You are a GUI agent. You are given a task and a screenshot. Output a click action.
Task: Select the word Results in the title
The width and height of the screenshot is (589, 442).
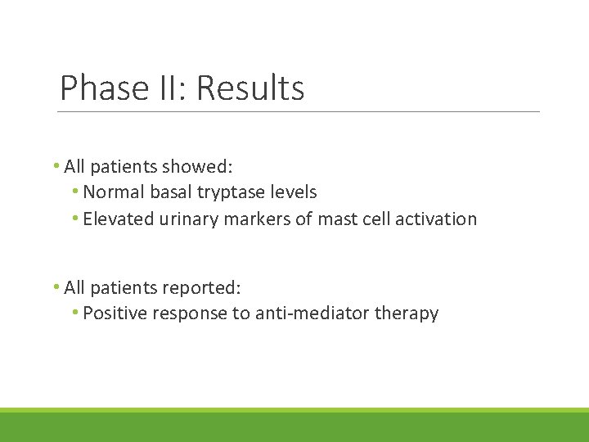click(x=250, y=88)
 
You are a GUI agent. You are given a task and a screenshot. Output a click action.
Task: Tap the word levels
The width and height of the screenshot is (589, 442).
click(x=294, y=192)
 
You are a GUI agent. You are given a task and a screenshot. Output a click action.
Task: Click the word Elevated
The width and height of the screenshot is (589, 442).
click(x=117, y=219)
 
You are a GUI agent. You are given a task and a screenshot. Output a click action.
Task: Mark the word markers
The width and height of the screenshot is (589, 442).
click(x=254, y=219)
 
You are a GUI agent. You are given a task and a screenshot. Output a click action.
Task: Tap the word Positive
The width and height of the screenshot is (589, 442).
click(x=115, y=313)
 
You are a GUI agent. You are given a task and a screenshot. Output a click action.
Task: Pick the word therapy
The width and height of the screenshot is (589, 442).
click(x=407, y=313)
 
